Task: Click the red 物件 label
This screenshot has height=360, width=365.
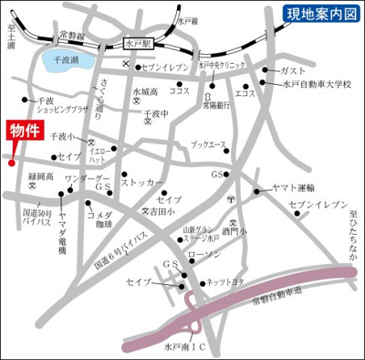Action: pos(24,130)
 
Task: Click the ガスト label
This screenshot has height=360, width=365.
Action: pos(292,70)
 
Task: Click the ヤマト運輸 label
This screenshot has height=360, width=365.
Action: pos(293,188)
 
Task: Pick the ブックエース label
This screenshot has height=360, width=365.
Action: pos(208,144)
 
